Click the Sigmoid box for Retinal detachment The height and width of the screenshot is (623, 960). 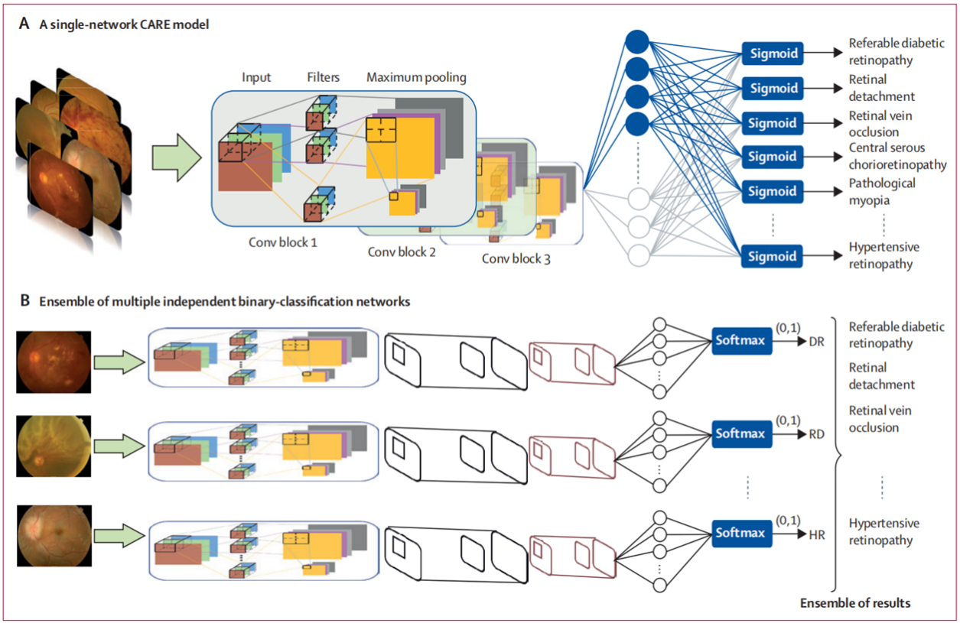[x=772, y=88]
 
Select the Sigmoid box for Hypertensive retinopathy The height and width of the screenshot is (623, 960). [x=772, y=255]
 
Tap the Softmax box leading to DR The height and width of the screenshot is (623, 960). [x=740, y=339]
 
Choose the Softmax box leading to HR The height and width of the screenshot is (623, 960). [x=740, y=532]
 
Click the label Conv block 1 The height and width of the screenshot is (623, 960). [x=282, y=242]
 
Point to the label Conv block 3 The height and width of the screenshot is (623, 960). [x=516, y=258]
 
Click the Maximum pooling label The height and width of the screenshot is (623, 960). [x=416, y=77]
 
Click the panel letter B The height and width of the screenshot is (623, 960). [x=24, y=301]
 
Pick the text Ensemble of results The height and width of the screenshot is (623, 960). [x=855, y=603]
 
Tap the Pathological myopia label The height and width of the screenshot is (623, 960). [x=881, y=192]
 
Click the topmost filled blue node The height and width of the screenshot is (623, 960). [x=637, y=41]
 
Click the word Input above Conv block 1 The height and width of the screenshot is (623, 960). [x=256, y=77]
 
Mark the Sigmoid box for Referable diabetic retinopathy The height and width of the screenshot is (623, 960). [x=772, y=54]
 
